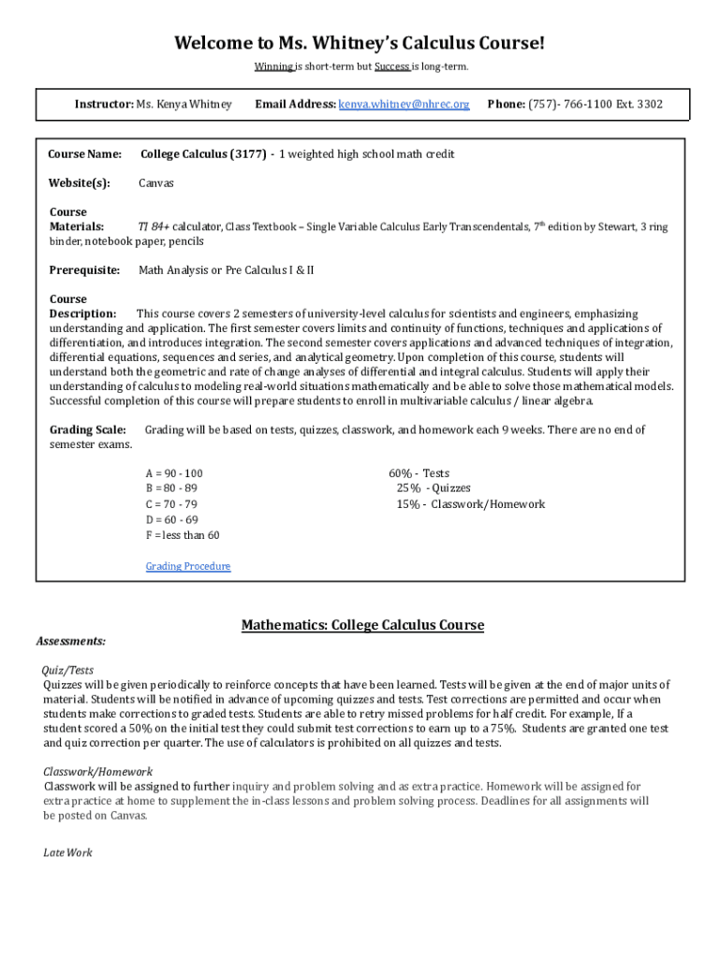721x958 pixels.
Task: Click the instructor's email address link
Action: coord(404,104)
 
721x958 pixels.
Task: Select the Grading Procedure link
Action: coord(188,566)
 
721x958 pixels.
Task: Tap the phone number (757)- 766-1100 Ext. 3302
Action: coord(596,104)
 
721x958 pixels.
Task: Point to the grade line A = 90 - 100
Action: coord(174,473)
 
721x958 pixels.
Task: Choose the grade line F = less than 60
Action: coord(183,535)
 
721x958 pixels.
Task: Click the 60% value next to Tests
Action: coord(402,473)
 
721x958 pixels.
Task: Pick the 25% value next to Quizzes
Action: coord(408,488)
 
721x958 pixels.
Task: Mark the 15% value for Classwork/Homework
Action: coord(408,504)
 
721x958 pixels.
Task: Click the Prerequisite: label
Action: coord(84,270)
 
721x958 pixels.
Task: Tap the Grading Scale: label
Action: coord(87,429)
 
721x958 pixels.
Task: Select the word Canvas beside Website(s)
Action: coord(156,183)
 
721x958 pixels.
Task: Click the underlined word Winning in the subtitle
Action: coord(274,67)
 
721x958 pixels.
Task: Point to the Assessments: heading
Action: coord(71,641)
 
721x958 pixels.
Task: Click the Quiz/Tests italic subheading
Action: coord(68,670)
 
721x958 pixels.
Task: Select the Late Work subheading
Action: coord(68,853)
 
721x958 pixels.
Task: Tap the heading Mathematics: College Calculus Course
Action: coord(362,625)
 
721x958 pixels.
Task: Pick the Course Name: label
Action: coord(85,154)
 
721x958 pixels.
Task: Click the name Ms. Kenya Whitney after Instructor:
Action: coord(184,104)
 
